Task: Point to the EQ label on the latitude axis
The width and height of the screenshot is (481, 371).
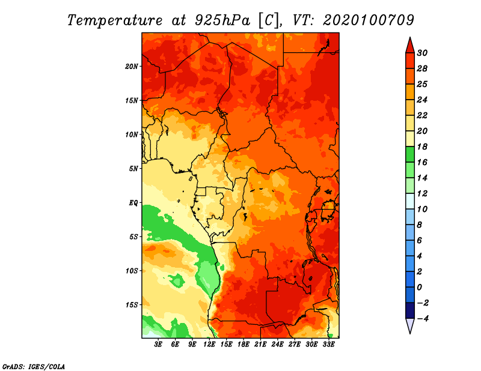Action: [133, 202]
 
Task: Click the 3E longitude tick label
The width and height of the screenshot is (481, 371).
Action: [159, 345]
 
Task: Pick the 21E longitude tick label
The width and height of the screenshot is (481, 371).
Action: [261, 345]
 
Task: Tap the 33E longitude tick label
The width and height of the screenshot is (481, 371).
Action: [329, 345]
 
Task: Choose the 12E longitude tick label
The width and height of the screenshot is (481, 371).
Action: [210, 345]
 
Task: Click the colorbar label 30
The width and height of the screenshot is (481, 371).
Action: [421, 53]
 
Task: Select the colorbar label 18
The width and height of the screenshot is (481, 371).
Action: [421, 146]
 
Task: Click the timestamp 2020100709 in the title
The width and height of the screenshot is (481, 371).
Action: [368, 20]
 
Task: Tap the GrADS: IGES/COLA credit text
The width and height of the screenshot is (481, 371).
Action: [34, 366]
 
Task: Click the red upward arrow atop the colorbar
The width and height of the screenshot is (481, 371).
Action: [409, 44]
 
